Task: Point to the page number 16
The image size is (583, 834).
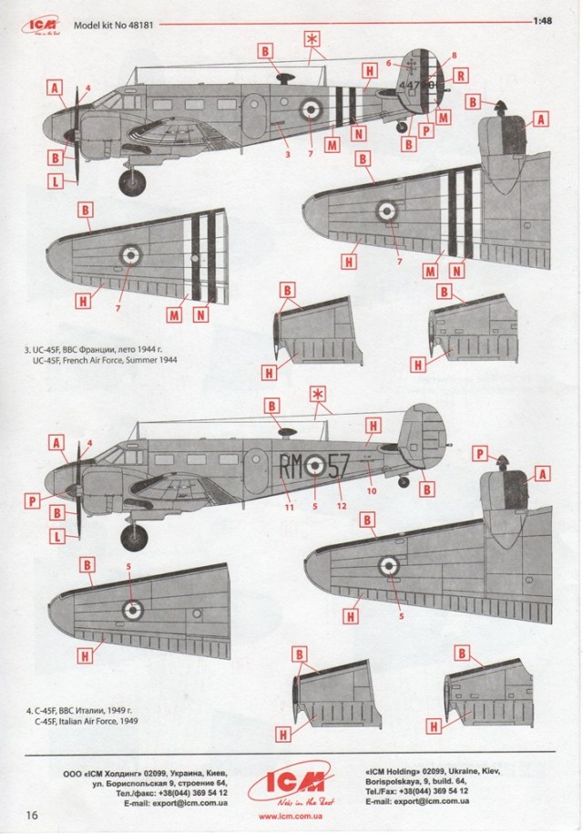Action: pos(33,813)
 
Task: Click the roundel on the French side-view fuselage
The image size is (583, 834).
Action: pos(312,108)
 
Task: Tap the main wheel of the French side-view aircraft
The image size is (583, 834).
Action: pos(132,180)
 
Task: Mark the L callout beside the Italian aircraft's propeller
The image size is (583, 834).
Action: pos(56,537)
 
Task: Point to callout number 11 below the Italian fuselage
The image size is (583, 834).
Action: pos(289,507)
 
